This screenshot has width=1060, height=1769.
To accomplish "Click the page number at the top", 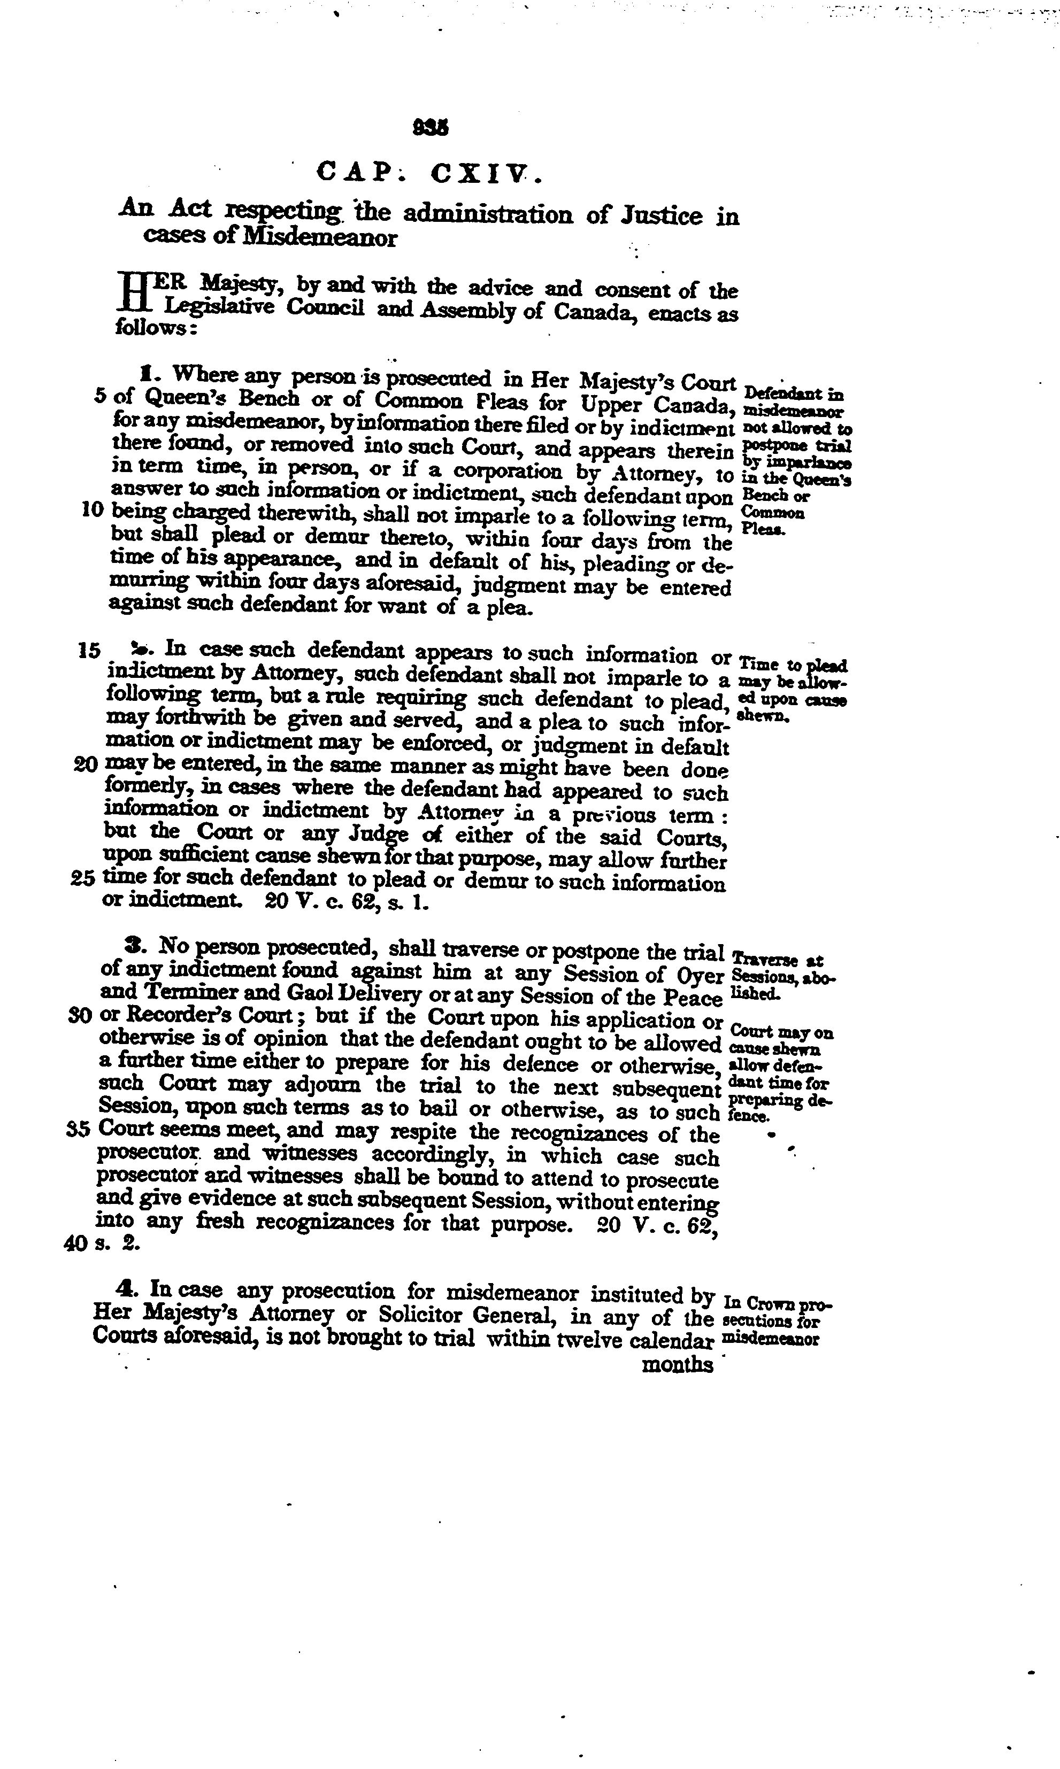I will coord(431,128).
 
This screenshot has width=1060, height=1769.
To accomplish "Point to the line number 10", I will coord(94,511).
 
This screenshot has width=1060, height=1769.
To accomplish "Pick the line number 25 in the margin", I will coord(83,879).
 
